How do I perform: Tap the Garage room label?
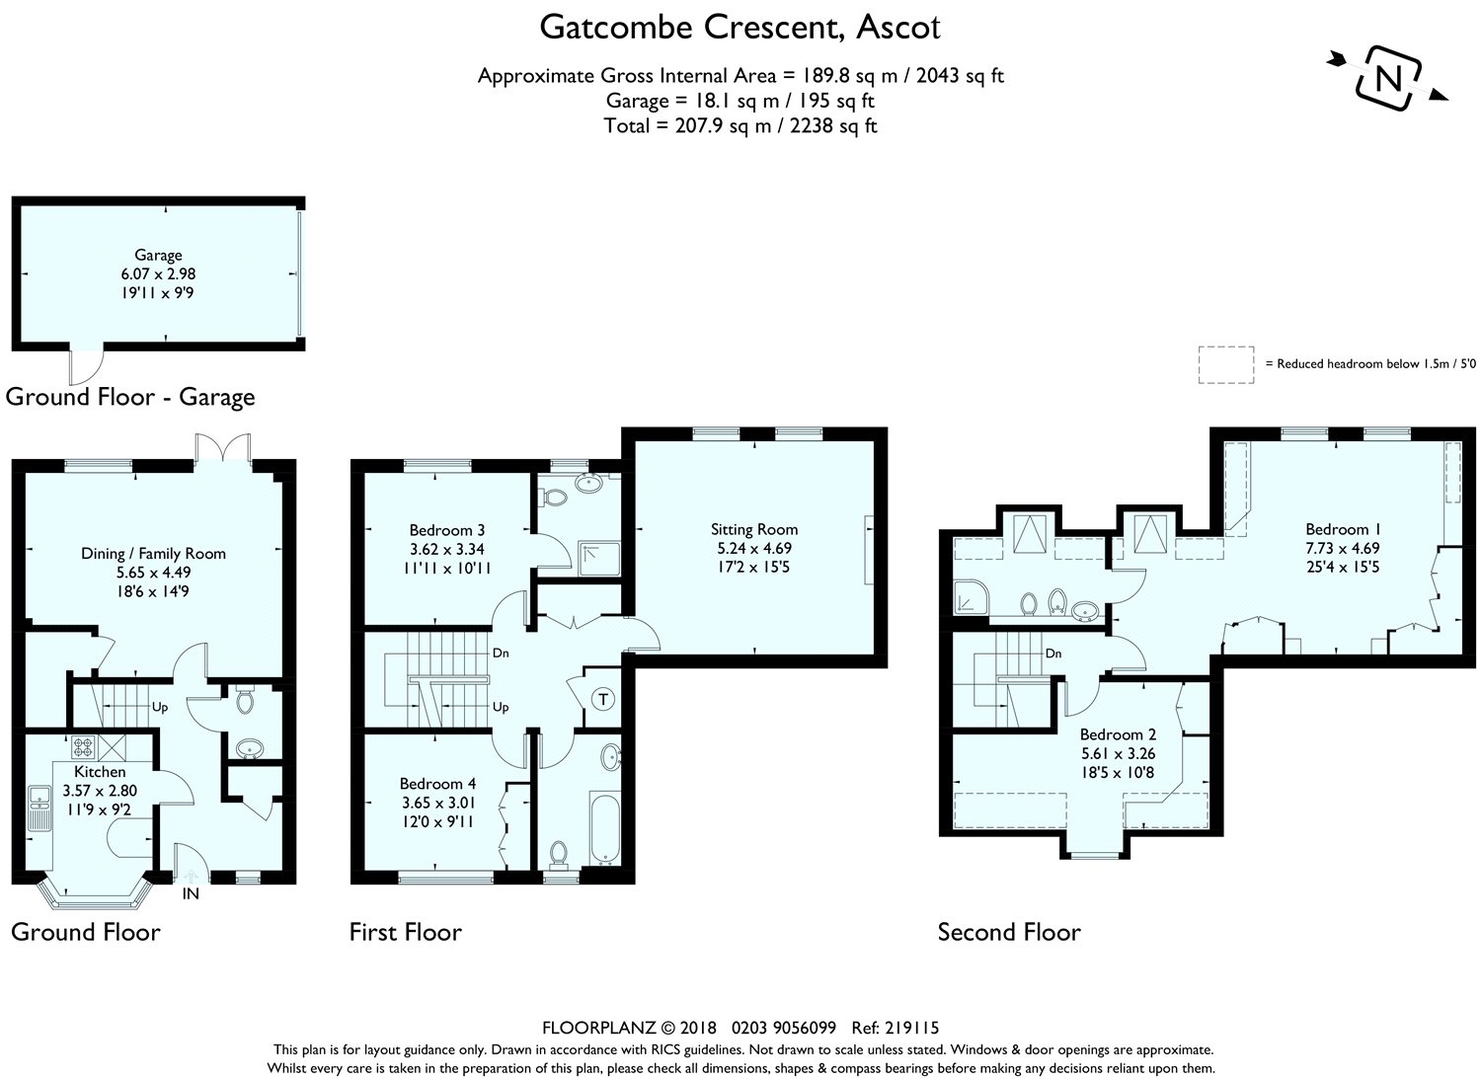pos(158,256)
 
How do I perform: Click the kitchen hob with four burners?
pos(83,747)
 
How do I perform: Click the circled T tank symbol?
pos(603,699)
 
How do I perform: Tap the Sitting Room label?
pos(754,529)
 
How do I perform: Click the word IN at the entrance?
pos(191,893)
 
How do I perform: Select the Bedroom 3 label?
pos(447,530)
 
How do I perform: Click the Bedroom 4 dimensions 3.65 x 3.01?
pos(437,803)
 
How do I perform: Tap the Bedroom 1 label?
pos(1343,529)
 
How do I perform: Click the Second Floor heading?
pos(1009,932)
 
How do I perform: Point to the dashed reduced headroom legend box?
pos(1226,365)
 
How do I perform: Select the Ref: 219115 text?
pos(896,1028)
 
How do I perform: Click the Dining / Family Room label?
pos(153,554)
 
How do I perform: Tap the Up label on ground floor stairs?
pos(160,708)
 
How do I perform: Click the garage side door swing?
pos(87,366)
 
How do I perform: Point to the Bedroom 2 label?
pos(1118,734)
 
